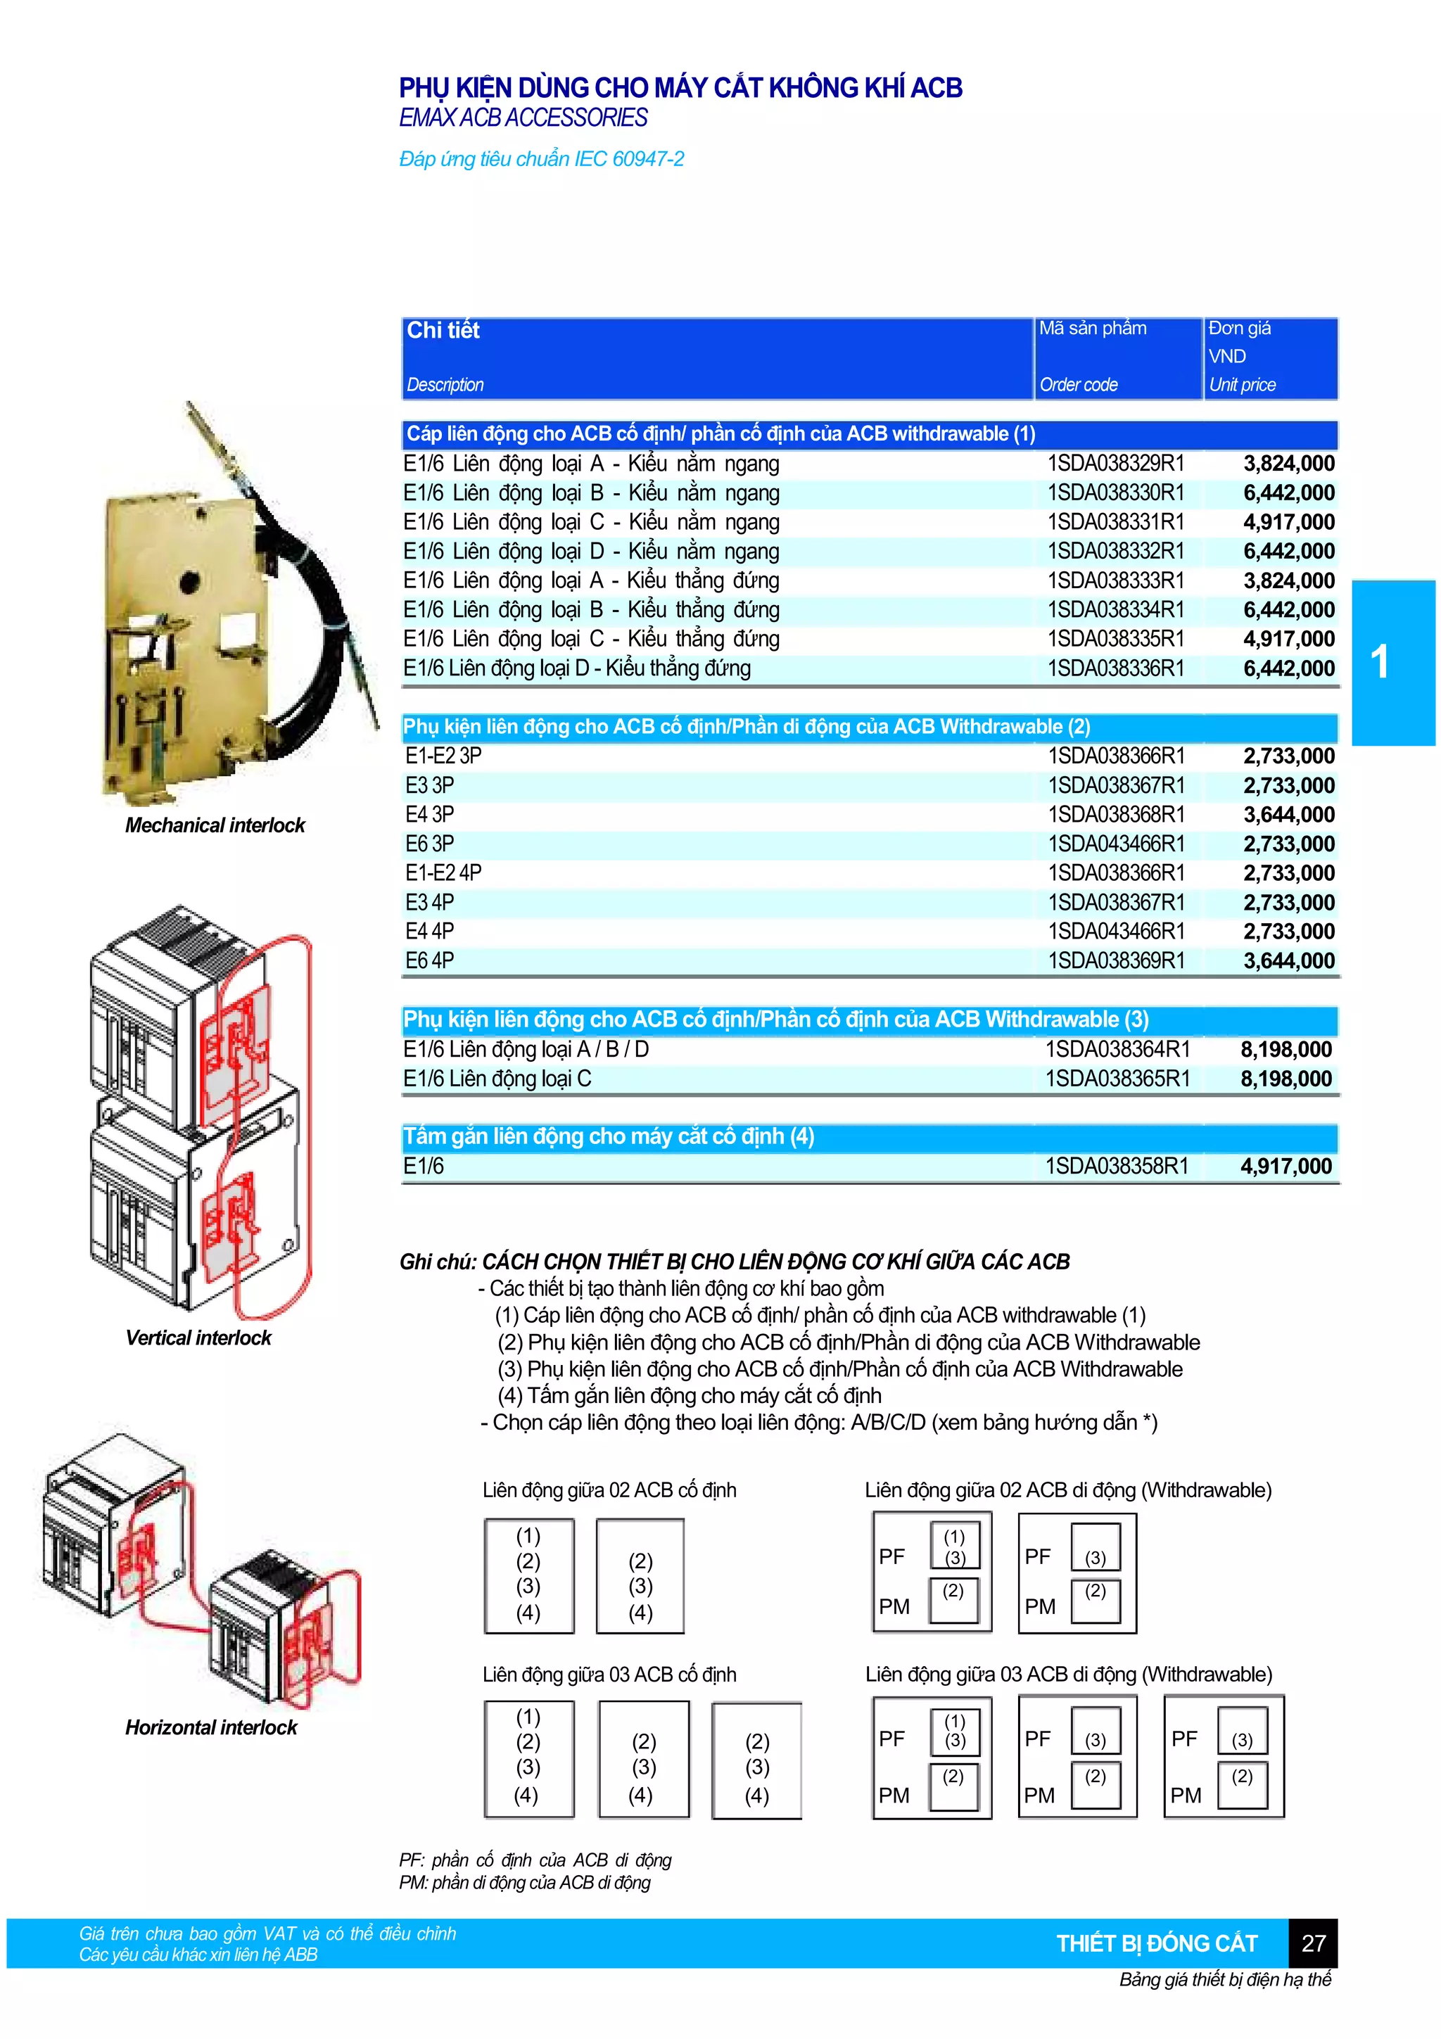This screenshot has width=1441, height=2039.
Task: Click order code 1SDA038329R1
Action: pyautogui.click(x=1115, y=464)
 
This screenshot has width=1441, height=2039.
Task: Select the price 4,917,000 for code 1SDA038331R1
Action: pyautogui.click(x=1288, y=522)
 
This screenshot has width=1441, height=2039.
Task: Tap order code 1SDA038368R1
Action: pyautogui.click(x=1116, y=814)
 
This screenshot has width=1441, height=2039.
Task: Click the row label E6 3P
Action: pyautogui.click(x=430, y=844)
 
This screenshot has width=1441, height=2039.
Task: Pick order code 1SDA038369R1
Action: pyautogui.click(x=1116, y=961)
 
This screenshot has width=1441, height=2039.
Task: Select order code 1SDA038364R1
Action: pyautogui.click(x=1117, y=1050)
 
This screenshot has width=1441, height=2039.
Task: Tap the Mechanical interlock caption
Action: pyautogui.click(x=215, y=825)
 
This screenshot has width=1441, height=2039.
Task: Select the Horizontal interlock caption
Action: pyautogui.click(x=211, y=1727)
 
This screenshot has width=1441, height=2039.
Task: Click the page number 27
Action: pyautogui.click(x=1313, y=1943)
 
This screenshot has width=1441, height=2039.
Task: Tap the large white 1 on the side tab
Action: pyautogui.click(x=1379, y=661)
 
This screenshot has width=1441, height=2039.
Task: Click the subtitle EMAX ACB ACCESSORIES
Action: pyautogui.click(x=523, y=118)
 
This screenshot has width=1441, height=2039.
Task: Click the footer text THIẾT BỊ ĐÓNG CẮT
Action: pyautogui.click(x=1157, y=1943)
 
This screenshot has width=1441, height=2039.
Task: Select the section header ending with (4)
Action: pyautogui.click(x=608, y=1137)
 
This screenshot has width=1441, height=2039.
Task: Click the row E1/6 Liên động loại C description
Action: pyautogui.click(x=497, y=1079)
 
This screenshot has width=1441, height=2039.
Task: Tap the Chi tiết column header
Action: pyautogui.click(x=443, y=331)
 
